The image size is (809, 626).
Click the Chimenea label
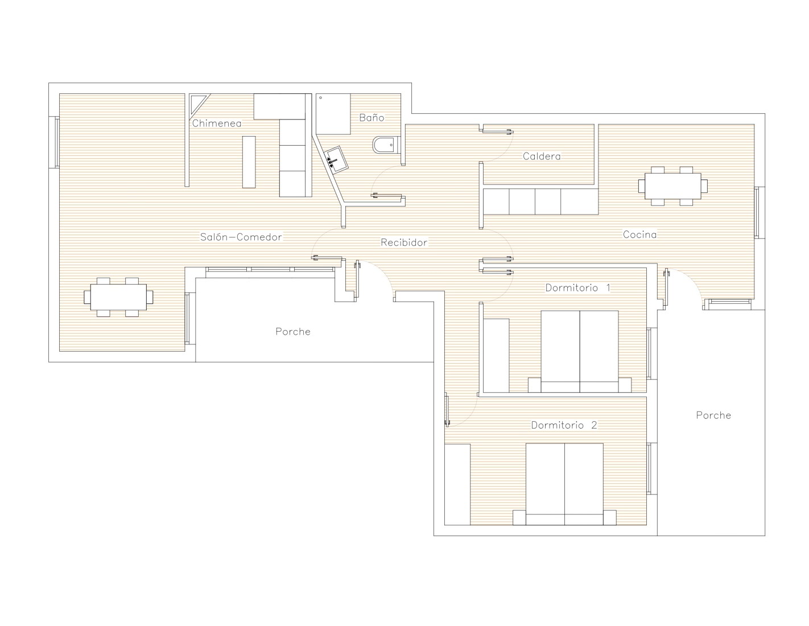tap(216, 123)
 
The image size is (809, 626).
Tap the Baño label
tap(371, 118)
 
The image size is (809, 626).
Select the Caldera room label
tap(541, 156)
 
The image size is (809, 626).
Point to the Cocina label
tap(639, 234)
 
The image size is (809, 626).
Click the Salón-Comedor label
tap(241, 237)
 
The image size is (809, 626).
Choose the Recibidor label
tap(403, 242)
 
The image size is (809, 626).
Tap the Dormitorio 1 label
tap(577, 287)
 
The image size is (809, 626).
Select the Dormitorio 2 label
tap(564, 425)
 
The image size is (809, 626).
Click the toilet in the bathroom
tap(386, 145)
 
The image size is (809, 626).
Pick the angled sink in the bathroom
tap(336, 160)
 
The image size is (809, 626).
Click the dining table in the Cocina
tap(672, 186)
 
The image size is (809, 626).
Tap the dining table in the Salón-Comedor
tap(118, 297)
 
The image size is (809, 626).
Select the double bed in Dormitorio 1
tap(579, 351)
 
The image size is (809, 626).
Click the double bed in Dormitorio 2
tap(564, 484)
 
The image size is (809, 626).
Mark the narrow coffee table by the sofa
tap(249, 162)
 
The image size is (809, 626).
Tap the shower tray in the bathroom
tap(333, 114)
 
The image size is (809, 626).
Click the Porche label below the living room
tap(292, 331)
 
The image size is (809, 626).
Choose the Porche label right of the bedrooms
tap(713, 415)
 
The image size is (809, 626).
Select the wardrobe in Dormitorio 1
tap(496, 356)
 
